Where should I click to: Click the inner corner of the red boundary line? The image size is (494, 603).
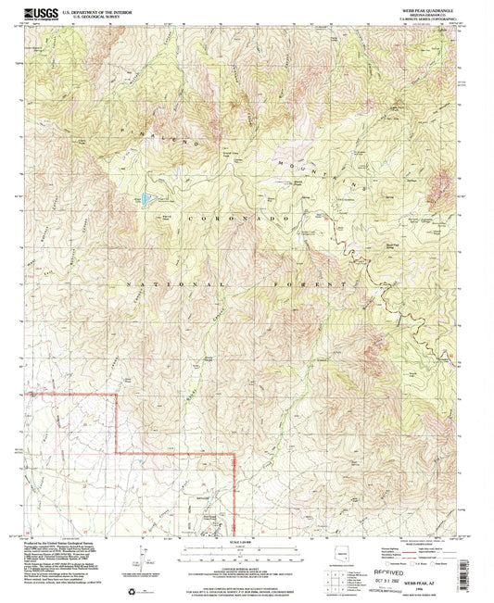pos(117,453)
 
